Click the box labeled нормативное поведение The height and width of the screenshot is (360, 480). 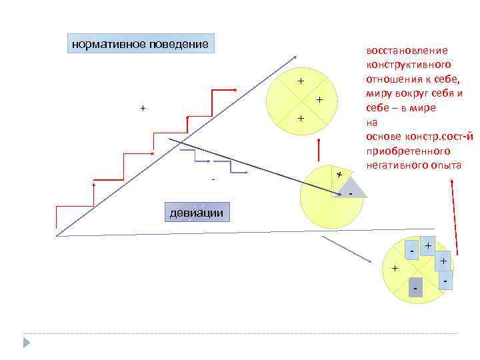click(141, 45)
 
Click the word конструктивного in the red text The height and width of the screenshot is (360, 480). click(408, 65)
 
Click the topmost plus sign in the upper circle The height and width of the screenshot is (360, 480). click(301, 81)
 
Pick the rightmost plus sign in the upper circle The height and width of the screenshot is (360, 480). click(319, 100)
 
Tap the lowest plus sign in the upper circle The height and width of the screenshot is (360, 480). click(301, 118)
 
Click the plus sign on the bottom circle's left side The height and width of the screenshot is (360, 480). click(395, 268)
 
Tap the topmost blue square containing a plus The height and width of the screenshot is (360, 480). click(427, 245)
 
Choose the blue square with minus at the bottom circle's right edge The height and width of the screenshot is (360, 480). click(444, 280)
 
